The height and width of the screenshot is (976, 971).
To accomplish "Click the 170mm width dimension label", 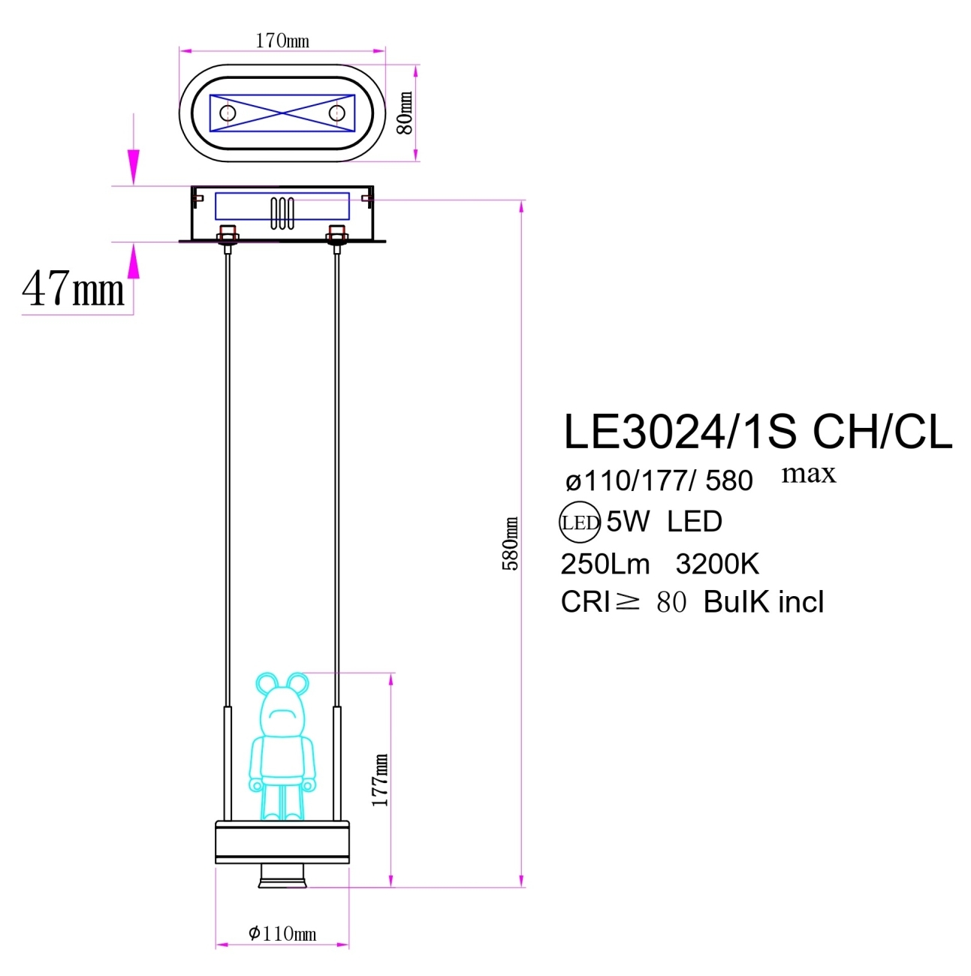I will [x=282, y=41].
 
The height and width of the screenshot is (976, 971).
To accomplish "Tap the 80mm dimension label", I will [x=405, y=113].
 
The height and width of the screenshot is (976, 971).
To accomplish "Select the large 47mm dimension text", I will [x=73, y=289].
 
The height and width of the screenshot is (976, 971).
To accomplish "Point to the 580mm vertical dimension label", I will [x=510, y=544].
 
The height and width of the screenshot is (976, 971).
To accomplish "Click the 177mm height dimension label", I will [x=381, y=781].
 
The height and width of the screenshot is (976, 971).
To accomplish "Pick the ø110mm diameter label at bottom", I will [x=282, y=933].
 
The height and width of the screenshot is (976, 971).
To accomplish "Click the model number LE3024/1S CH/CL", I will [x=757, y=432].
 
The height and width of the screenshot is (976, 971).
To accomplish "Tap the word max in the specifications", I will [x=808, y=474].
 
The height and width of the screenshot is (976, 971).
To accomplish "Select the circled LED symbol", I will [x=580, y=523].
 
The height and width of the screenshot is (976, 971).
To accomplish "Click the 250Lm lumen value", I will [x=605, y=564].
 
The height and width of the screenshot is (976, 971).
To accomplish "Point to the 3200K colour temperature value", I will [x=717, y=564].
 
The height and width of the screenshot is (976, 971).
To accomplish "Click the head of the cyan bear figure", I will [x=282, y=709].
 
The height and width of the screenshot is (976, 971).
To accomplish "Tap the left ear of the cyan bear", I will [x=267, y=683].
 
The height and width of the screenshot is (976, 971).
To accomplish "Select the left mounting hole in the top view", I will [x=228, y=113].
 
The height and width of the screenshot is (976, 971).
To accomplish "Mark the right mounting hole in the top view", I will [x=336, y=113].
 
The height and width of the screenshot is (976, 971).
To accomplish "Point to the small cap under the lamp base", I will [x=282, y=875].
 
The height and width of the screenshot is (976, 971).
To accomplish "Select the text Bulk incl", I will [x=763, y=602].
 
